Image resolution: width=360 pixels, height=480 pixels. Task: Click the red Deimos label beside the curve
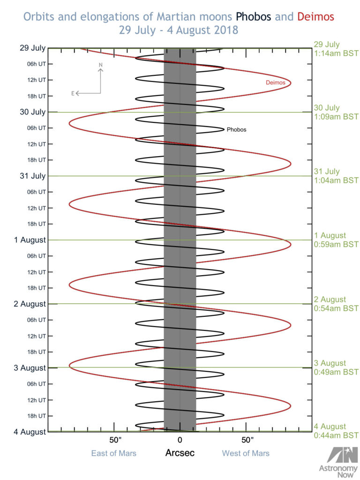click(x=276, y=82)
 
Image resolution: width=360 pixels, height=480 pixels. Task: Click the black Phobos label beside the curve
click(x=236, y=129)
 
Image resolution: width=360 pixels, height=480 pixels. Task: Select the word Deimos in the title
click(x=315, y=17)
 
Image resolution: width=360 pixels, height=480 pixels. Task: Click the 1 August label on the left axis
click(x=30, y=240)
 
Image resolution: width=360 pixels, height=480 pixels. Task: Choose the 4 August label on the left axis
click(x=30, y=432)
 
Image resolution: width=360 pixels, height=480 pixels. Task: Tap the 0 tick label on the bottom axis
click(x=180, y=441)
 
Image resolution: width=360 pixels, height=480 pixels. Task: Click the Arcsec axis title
click(x=180, y=453)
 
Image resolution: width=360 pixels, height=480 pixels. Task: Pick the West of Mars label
click(x=246, y=453)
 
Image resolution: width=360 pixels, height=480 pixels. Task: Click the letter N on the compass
click(x=100, y=65)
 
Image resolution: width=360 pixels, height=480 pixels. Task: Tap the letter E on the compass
click(x=73, y=93)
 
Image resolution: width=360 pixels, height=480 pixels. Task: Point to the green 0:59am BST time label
click(x=336, y=244)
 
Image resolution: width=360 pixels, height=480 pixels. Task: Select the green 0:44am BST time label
click(x=336, y=435)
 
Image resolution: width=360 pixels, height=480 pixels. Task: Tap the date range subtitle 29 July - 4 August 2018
click(x=180, y=30)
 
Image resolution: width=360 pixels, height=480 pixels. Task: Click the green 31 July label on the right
click(x=327, y=172)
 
